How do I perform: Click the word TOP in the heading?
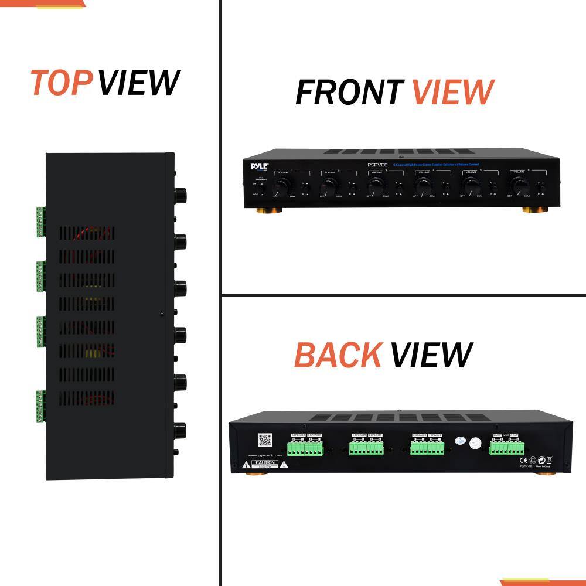pos(61,83)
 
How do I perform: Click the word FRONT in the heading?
pos(349,92)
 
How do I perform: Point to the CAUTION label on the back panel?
pos(264,463)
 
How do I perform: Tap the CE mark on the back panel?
pos(522,461)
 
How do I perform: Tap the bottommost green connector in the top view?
pos(40,406)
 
